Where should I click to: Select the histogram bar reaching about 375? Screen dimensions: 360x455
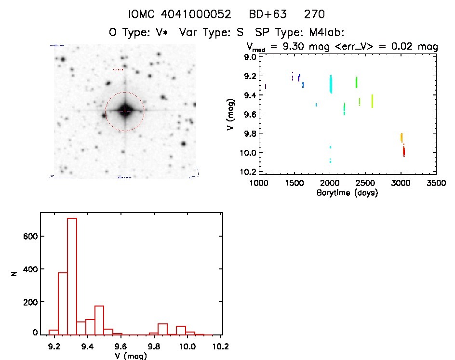coord(63,303)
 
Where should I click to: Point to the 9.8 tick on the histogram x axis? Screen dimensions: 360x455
coord(154,346)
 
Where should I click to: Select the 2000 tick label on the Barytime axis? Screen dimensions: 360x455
coord(330,184)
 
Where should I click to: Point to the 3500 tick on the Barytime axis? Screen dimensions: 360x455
coord(436,184)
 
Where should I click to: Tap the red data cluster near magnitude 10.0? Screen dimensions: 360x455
coord(403,151)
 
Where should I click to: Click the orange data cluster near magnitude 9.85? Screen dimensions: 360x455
coord(401,137)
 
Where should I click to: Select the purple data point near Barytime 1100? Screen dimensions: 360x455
coord(266,87)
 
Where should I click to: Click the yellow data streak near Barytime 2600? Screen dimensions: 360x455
coord(372,101)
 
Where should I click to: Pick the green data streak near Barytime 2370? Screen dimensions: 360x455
coord(356,82)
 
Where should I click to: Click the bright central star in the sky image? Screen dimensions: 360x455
coord(124,111)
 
